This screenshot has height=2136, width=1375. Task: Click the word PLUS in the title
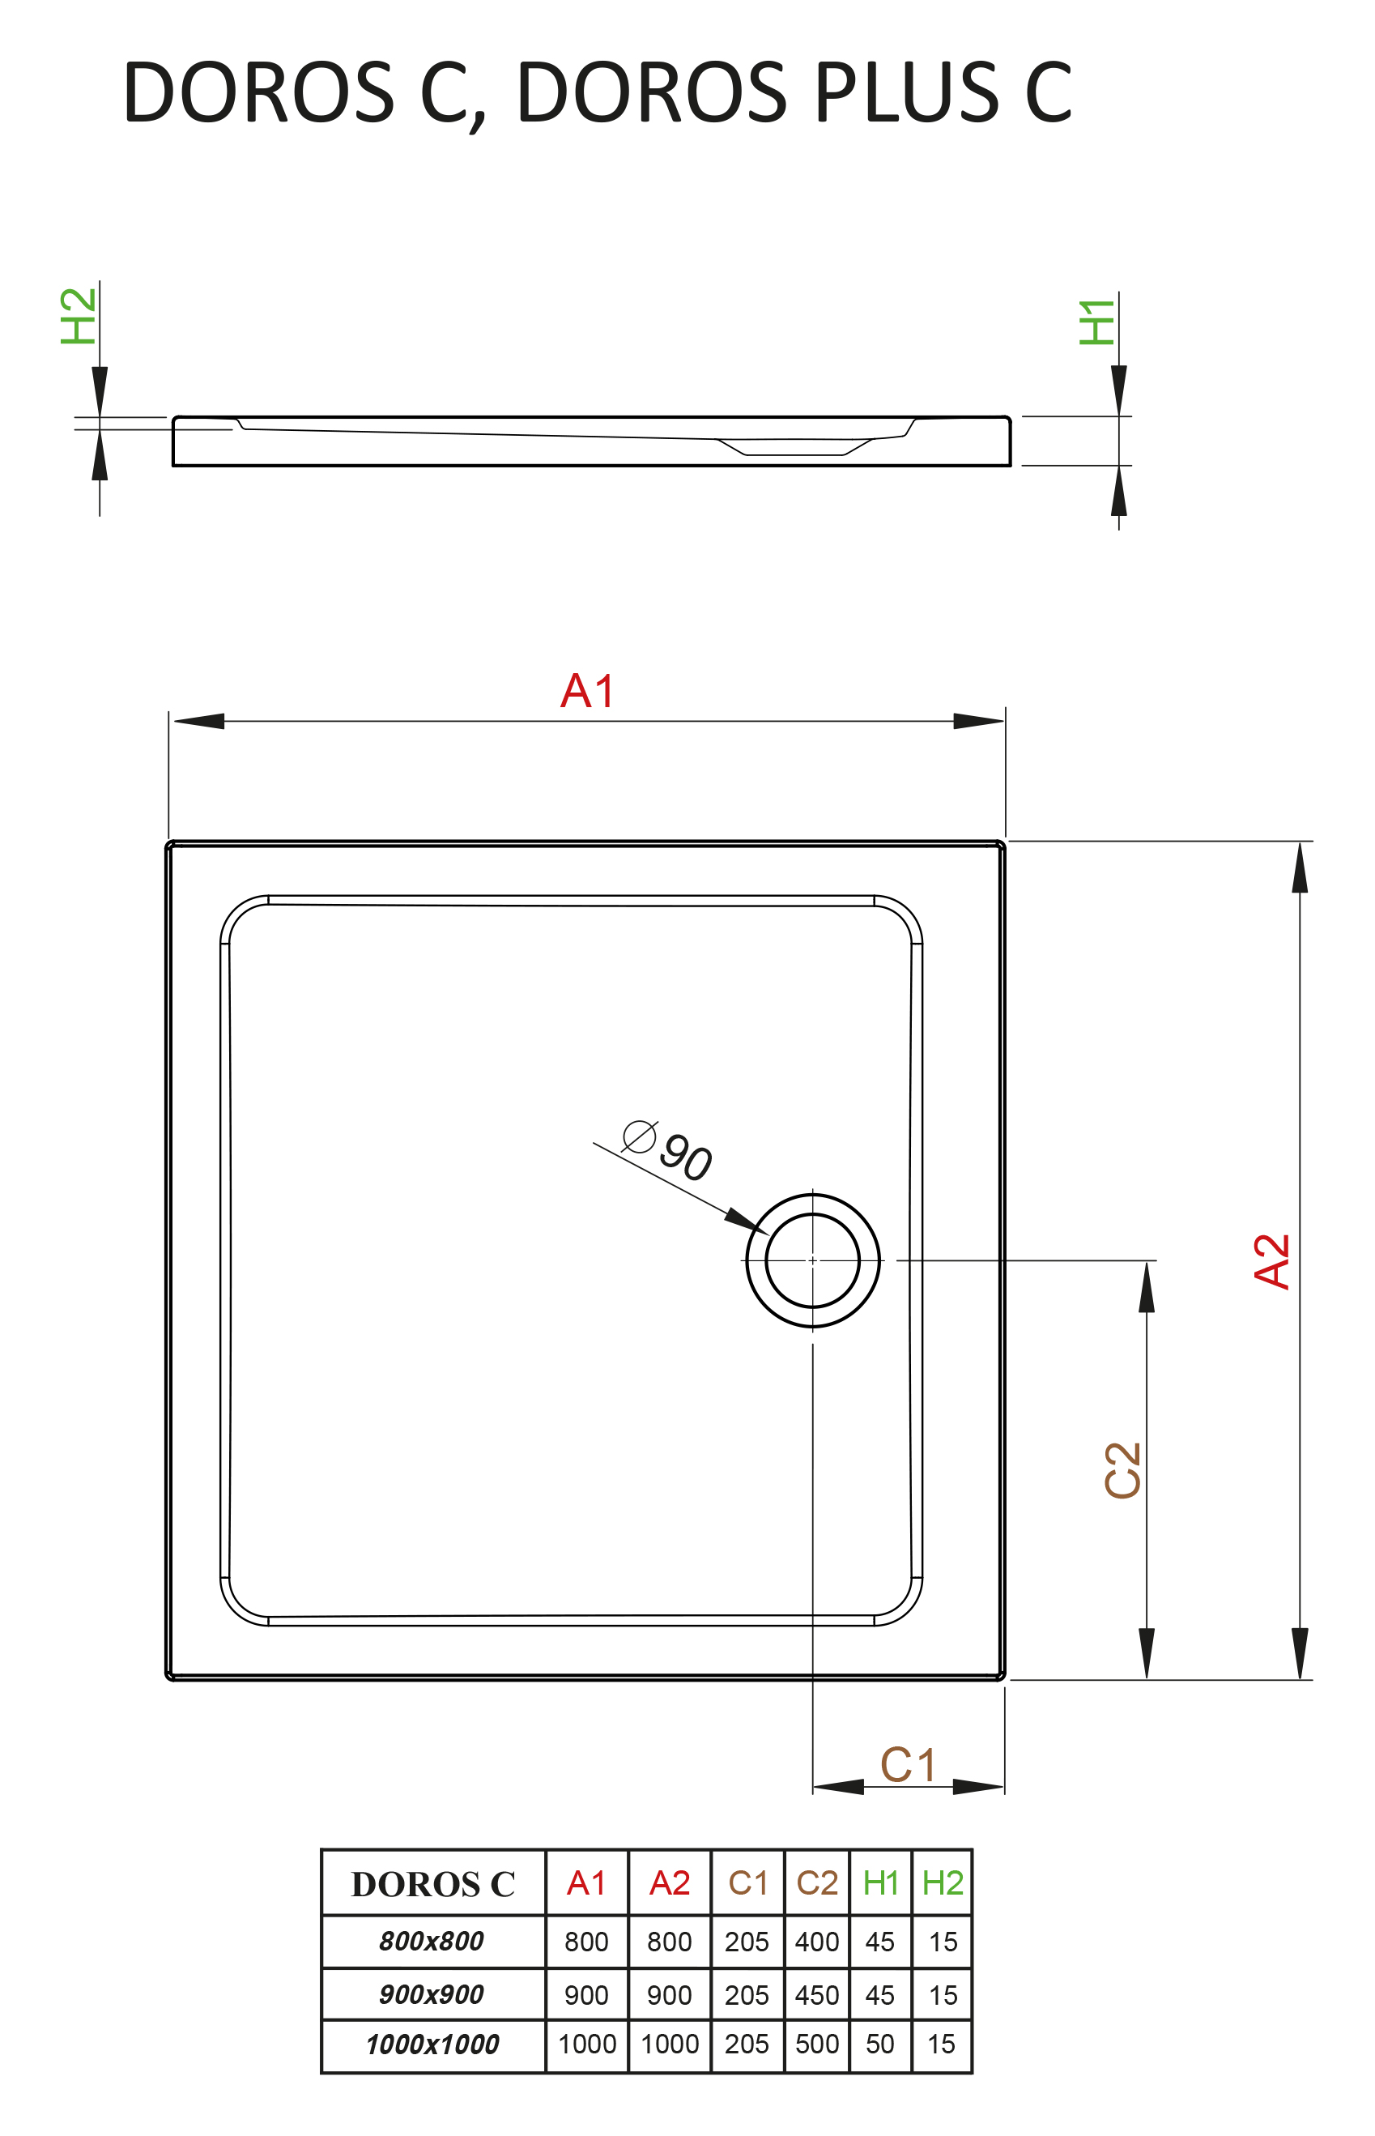click(x=906, y=92)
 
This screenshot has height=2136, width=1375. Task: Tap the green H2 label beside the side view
click(x=79, y=316)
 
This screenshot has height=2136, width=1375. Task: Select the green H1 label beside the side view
click(x=1097, y=322)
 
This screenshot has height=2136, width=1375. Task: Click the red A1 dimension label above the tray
click(x=589, y=691)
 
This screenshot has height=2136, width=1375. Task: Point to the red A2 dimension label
click(x=1272, y=1262)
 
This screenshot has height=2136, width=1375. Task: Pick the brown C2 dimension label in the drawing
click(x=1123, y=1471)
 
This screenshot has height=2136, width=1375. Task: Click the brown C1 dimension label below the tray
click(x=908, y=1765)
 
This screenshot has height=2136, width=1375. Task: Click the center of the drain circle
click(x=812, y=1261)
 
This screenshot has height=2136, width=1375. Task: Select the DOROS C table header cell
click(x=433, y=1884)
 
